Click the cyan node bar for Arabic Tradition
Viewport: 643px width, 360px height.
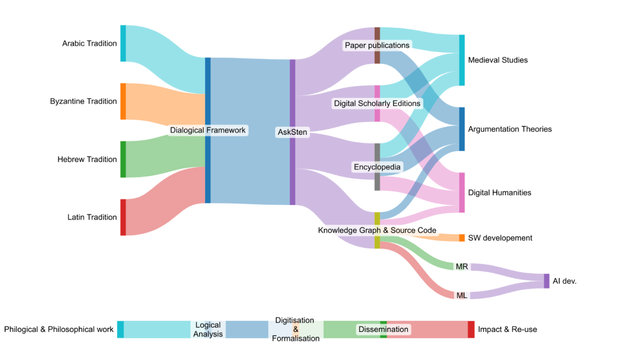(123, 43)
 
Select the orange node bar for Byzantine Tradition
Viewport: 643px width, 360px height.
(123, 101)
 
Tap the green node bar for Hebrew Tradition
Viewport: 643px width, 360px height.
(123, 159)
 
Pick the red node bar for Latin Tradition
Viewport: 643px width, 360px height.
(123, 217)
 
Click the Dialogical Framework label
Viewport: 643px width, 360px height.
(208, 130)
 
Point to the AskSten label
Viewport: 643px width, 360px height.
(292, 133)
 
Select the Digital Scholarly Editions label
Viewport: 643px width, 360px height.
(377, 104)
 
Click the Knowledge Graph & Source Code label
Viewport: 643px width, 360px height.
(377, 231)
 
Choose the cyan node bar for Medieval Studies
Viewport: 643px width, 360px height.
(462, 60)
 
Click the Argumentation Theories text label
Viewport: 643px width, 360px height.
(510, 129)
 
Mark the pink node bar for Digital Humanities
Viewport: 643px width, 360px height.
(462, 192)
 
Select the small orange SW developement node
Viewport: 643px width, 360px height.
(462, 238)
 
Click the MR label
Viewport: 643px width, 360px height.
(462, 267)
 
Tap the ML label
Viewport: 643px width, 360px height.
(462, 296)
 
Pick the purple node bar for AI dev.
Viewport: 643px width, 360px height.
(546, 281)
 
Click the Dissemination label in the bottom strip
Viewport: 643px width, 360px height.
(383, 329)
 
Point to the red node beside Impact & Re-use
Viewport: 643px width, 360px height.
(471, 329)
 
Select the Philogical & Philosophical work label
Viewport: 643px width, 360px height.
(59, 330)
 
